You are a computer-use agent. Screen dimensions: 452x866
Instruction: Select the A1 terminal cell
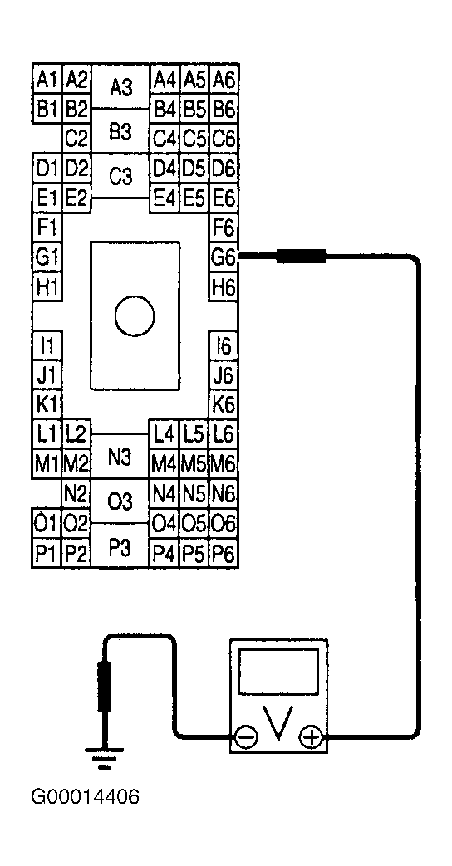coord(47,81)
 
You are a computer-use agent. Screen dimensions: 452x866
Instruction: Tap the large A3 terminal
coord(120,86)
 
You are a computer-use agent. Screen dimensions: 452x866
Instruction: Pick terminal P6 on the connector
coord(224,553)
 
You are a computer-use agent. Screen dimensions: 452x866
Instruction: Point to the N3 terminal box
coord(120,456)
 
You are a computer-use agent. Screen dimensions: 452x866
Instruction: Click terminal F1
coord(47,228)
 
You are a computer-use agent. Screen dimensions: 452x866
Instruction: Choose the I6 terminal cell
coord(224,345)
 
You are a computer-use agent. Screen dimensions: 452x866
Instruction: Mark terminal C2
coord(76,139)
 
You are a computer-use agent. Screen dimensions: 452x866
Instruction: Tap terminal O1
coord(47,523)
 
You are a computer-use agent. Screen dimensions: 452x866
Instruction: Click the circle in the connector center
coord(135,316)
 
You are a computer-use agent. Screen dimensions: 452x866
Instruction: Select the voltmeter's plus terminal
coord(312,736)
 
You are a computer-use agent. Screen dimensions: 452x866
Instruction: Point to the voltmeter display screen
coord(279,671)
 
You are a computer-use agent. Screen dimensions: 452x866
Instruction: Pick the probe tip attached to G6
coord(301,257)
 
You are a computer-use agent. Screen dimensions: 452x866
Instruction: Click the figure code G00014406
coord(85,797)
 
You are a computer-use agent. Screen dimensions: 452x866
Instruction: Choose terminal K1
coord(47,405)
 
